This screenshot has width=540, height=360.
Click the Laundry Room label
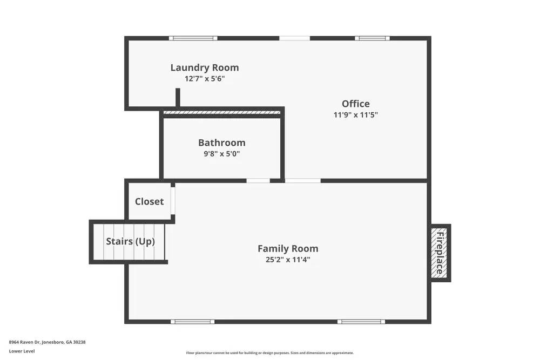click(x=204, y=68)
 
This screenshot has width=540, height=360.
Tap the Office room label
click(x=355, y=104)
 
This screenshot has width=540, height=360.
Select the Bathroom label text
click(x=221, y=143)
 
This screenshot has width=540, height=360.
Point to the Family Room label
click(x=287, y=249)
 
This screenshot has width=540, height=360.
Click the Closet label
click(x=149, y=201)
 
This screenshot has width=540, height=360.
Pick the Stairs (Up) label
click(x=130, y=241)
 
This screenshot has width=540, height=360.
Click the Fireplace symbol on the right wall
click(x=440, y=253)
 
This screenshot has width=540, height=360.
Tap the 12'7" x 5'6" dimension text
click(x=204, y=79)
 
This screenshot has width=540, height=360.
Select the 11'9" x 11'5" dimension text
click(x=355, y=115)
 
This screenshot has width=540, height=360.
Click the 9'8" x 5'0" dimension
click(x=221, y=154)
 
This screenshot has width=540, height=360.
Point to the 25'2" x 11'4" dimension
click(x=287, y=260)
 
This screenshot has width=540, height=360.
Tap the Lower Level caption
click(x=22, y=351)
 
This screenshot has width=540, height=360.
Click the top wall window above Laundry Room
click(x=193, y=38)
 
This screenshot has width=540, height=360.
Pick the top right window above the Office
click(x=372, y=38)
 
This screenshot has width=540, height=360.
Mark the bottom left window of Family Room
click(x=192, y=322)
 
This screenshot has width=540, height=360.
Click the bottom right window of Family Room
click(x=361, y=322)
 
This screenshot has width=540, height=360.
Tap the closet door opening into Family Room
click(x=173, y=200)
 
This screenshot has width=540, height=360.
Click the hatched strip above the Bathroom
click(x=222, y=112)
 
